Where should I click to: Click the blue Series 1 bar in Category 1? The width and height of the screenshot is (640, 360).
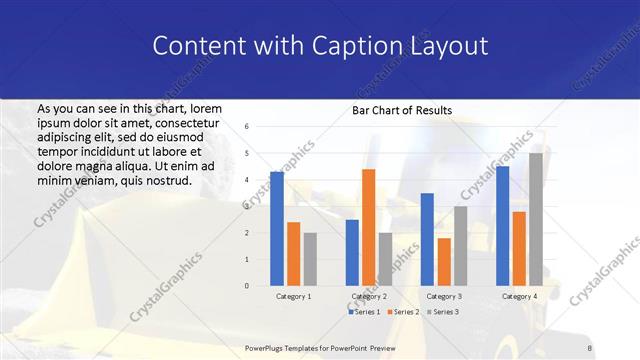click(277, 229)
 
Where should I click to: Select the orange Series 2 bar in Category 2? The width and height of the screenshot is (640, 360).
click(368, 227)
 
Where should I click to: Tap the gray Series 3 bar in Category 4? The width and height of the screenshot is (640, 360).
click(536, 219)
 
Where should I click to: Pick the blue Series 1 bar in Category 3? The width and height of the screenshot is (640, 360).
click(427, 239)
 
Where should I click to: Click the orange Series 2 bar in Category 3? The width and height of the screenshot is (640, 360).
click(444, 262)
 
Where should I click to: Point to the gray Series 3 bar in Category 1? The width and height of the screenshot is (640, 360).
click(310, 259)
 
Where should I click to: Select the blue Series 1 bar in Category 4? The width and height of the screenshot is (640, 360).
click(502, 226)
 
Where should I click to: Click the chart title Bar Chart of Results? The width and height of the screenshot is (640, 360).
click(402, 110)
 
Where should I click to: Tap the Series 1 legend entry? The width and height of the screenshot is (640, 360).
click(364, 312)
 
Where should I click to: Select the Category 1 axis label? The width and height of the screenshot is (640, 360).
click(293, 296)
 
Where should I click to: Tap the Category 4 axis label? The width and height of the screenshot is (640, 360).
click(519, 296)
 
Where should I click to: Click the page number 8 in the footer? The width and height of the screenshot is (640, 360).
click(590, 348)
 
